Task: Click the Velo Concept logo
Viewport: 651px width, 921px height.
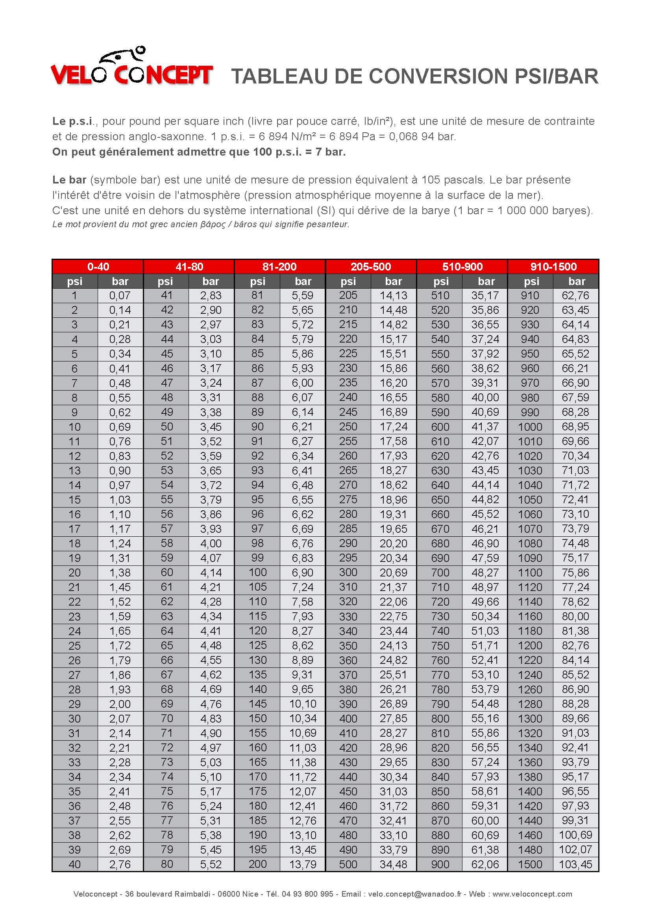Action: pos(131,67)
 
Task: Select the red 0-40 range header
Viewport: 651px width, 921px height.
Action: pos(98,267)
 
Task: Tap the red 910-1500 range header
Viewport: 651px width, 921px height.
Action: pos(553,267)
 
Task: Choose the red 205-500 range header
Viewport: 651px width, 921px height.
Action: pos(371,267)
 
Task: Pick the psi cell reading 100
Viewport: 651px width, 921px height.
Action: pos(257,573)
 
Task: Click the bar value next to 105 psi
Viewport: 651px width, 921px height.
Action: pos(303,587)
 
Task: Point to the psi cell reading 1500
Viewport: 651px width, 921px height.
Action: pos(530,864)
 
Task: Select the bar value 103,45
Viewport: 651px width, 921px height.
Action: pos(576,864)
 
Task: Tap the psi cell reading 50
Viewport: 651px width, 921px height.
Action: pos(167,427)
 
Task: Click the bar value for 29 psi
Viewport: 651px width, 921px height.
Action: pos(120,704)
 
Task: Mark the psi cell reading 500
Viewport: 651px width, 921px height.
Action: pos(348,864)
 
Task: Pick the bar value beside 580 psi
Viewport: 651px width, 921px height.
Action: pos(485,398)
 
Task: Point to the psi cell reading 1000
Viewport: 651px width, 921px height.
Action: pos(530,427)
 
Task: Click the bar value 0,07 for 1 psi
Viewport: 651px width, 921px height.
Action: pos(120,296)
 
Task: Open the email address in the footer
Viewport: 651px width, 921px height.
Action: pos(414,894)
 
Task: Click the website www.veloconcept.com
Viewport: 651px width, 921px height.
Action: pos(532,894)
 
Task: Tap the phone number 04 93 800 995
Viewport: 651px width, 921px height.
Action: pos(307,894)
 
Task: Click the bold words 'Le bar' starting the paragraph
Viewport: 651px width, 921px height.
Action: pos(69,180)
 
